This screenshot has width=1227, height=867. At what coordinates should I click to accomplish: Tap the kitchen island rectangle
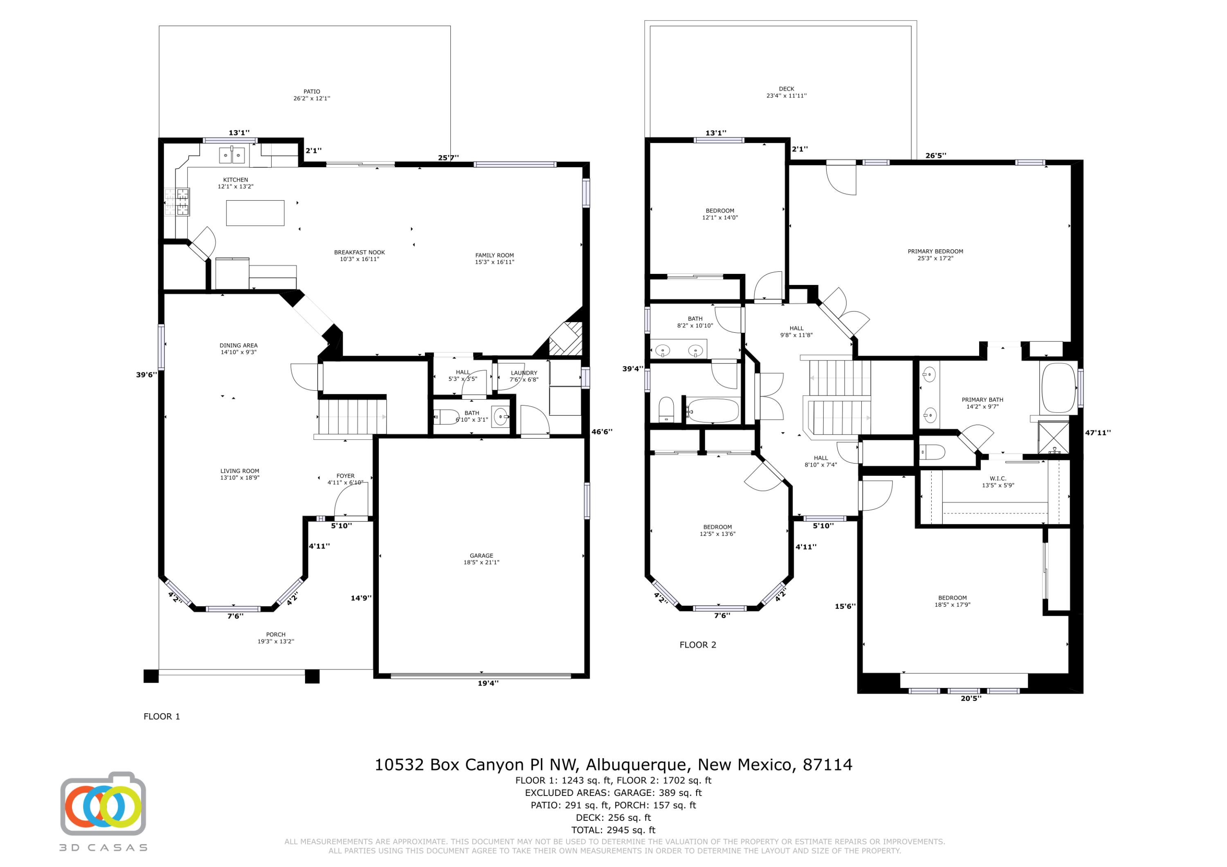[x=255, y=213]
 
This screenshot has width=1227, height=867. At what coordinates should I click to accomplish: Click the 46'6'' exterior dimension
[x=602, y=432]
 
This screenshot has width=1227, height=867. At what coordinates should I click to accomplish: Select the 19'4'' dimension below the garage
[x=488, y=683]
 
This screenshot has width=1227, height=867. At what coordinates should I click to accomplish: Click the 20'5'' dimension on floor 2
[x=971, y=698]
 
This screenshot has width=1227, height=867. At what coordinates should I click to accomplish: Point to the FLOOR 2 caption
[x=697, y=645]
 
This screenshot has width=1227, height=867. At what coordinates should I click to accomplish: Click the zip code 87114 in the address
[x=827, y=765]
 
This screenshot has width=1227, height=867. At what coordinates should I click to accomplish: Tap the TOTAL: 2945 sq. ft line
[x=613, y=830]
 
